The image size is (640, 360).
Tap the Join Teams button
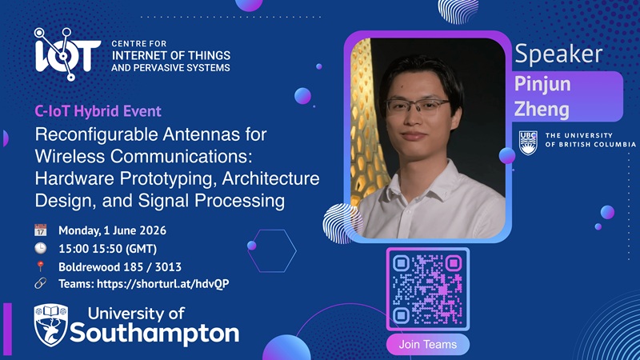pos(428,345)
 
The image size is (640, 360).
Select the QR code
pos(428,289)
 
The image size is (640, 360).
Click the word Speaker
pos(558,54)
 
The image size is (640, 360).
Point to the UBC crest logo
pos(528,143)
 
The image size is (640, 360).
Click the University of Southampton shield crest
pos(51,325)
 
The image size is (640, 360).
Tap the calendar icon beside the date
pos(41,230)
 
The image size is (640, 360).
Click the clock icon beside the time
pos(41,248)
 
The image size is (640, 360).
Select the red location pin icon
pos(41,266)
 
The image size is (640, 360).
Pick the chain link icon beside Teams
pos(41,283)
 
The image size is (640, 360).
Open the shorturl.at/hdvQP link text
pos(163,284)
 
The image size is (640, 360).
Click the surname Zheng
pos(542,110)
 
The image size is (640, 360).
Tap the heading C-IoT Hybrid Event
pos(98,111)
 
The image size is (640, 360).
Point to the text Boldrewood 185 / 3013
pos(120,267)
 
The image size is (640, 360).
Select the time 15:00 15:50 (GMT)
pos(108,249)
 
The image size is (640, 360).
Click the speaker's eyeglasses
pos(418,106)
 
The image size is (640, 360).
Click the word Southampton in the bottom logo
pos(154,334)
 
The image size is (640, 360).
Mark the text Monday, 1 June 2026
pos(112,230)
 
